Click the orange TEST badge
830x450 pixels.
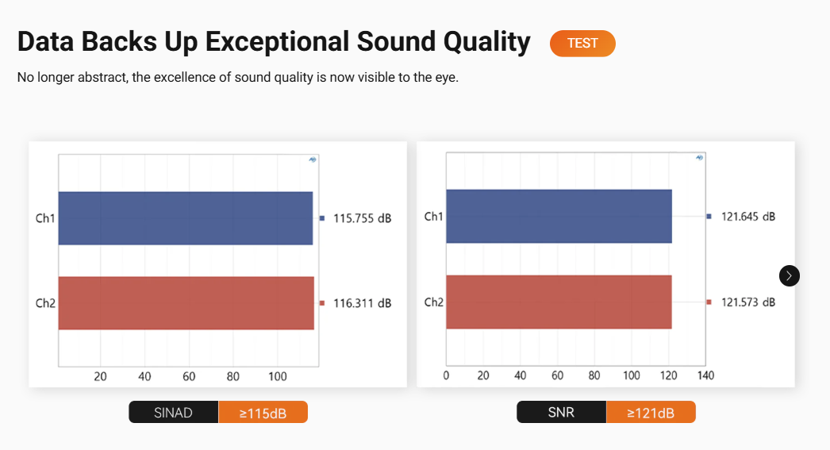coord(582,44)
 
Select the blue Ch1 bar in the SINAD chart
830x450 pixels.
coord(186,218)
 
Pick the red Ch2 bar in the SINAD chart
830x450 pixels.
coord(186,303)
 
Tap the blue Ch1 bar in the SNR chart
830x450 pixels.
coord(559,217)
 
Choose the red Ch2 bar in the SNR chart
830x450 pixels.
coord(559,302)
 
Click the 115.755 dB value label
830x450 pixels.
coord(362,218)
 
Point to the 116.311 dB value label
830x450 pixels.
coord(362,303)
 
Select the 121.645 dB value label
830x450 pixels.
coord(748,217)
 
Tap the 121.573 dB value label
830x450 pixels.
coord(748,302)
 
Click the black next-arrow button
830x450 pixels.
coord(790,276)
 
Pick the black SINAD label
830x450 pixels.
coord(174,413)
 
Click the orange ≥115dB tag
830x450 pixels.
coord(263,413)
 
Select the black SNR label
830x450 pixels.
coord(562,412)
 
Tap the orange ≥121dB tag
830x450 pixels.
coord(651,412)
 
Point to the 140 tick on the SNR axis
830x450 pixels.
coord(705,376)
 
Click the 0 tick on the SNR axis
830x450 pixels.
coord(446,376)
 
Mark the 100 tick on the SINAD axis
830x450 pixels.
coord(278,376)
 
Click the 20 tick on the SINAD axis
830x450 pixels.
coord(100,376)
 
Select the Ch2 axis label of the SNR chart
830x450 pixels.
coord(433,302)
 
